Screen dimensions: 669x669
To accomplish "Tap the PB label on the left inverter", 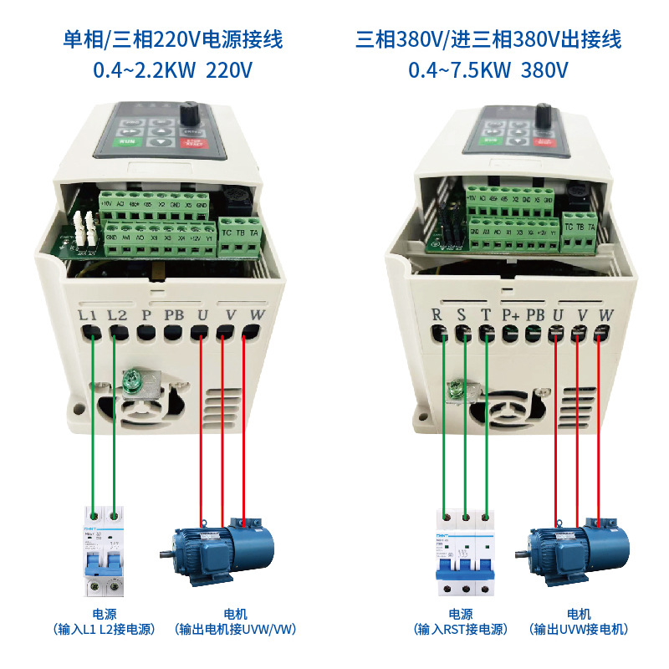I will coord(174,315).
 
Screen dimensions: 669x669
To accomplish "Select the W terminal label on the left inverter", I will coord(257,315).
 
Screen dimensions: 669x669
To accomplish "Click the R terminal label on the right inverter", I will coord(436,315).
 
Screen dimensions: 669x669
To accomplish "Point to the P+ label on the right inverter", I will coord(510,315).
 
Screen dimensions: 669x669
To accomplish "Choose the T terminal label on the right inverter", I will coord(485,315).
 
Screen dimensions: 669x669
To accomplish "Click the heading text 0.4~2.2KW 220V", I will coord(173,70).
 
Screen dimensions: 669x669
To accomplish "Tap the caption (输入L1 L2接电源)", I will coord(104,629).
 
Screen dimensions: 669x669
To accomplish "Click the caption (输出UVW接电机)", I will coord(578,629).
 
